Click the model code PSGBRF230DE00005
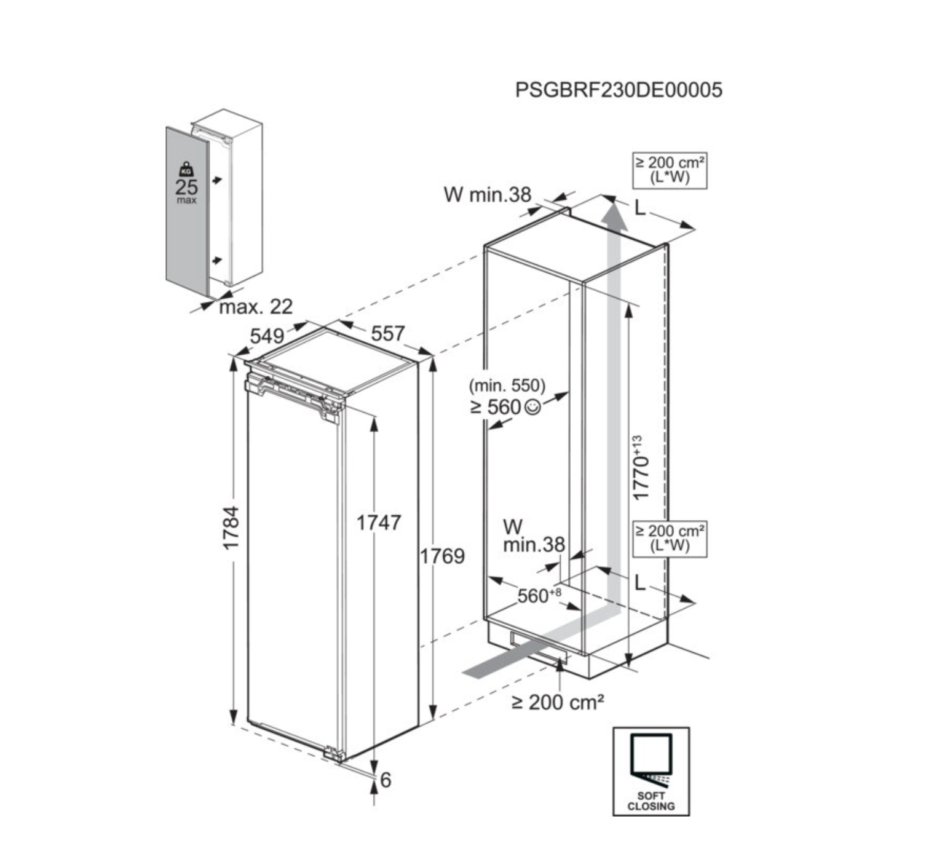(619, 90)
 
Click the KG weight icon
(186, 170)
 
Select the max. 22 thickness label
(256, 306)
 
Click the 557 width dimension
(388, 334)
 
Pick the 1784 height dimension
(231, 528)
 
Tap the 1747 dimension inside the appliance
(379, 523)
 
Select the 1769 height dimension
(442, 556)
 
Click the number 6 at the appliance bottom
(386, 780)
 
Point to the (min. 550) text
(507, 386)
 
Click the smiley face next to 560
(532, 406)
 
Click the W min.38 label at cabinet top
(487, 195)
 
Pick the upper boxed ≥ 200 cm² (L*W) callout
(670, 170)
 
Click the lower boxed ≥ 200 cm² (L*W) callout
(670, 538)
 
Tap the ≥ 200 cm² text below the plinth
(557, 702)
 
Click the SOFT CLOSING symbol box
(651, 772)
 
